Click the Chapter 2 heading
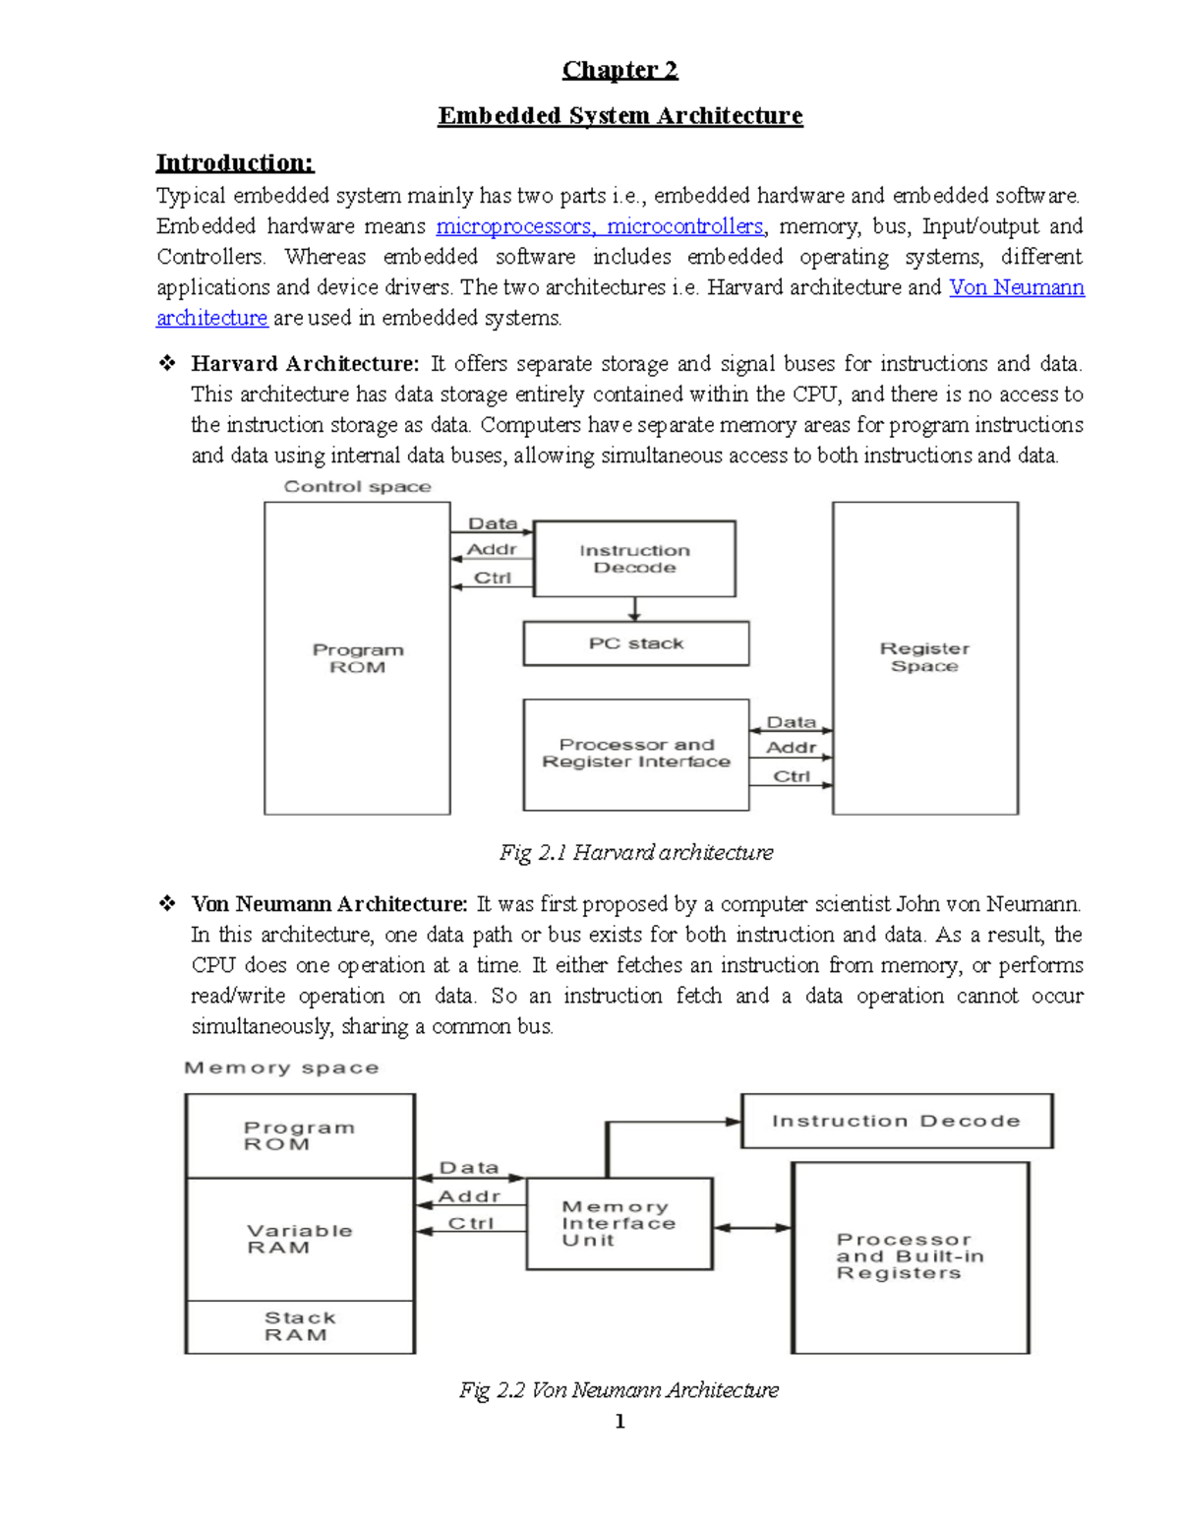pos(619,70)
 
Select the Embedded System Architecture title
pos(619,116)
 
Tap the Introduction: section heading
pos(235,162)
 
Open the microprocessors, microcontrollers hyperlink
pos(600,226)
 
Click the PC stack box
pos(635,643)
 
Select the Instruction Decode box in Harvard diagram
pos(634,559)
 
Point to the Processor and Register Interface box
pos(635,754)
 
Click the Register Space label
pos(924,657)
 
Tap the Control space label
pos(357,486)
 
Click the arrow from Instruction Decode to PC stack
pos(634,609)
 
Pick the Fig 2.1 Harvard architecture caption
pos(635,852)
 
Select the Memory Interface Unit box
pos(619,1223)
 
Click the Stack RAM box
pos(299,1326)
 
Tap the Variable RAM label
pos(299,1239)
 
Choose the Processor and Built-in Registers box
pos(910,1256)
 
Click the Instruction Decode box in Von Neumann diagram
pos(896,1121)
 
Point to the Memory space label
pos(281,1068)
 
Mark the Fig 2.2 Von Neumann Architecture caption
pos(619,1389)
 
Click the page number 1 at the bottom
pos(619,1421)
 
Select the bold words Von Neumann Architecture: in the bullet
pos(329,904)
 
